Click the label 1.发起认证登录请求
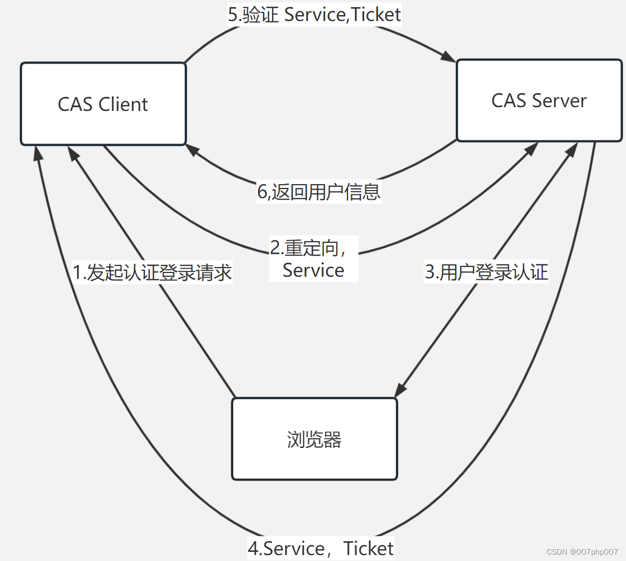point(152,272)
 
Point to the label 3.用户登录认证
point(486,272)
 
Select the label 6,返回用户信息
point(319,192)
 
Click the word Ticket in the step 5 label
point(376,15)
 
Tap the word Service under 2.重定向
point(313,270)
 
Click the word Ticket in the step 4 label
point(368,549)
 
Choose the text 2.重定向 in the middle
point(307,248)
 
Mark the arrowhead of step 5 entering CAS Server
point(448,55)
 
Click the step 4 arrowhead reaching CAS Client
point(37,153)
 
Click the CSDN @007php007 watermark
point(582,552)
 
